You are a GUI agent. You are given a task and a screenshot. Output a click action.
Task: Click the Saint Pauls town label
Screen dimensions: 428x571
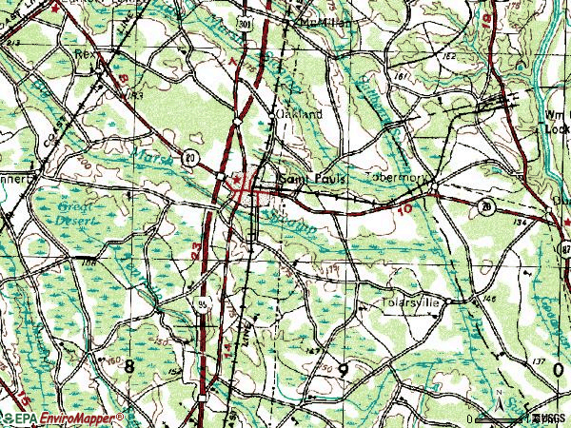[310, 178]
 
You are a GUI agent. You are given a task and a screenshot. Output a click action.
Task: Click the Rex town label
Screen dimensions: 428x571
[87, 55]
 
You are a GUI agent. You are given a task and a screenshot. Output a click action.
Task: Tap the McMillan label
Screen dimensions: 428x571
[321, 20]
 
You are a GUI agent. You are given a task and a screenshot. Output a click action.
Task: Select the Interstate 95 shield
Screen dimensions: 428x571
[202, 304]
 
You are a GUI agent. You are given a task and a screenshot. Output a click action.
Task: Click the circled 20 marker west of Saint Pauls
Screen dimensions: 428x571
[191, 157]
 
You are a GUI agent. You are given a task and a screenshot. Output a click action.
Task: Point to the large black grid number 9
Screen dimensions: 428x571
[343, 369]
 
